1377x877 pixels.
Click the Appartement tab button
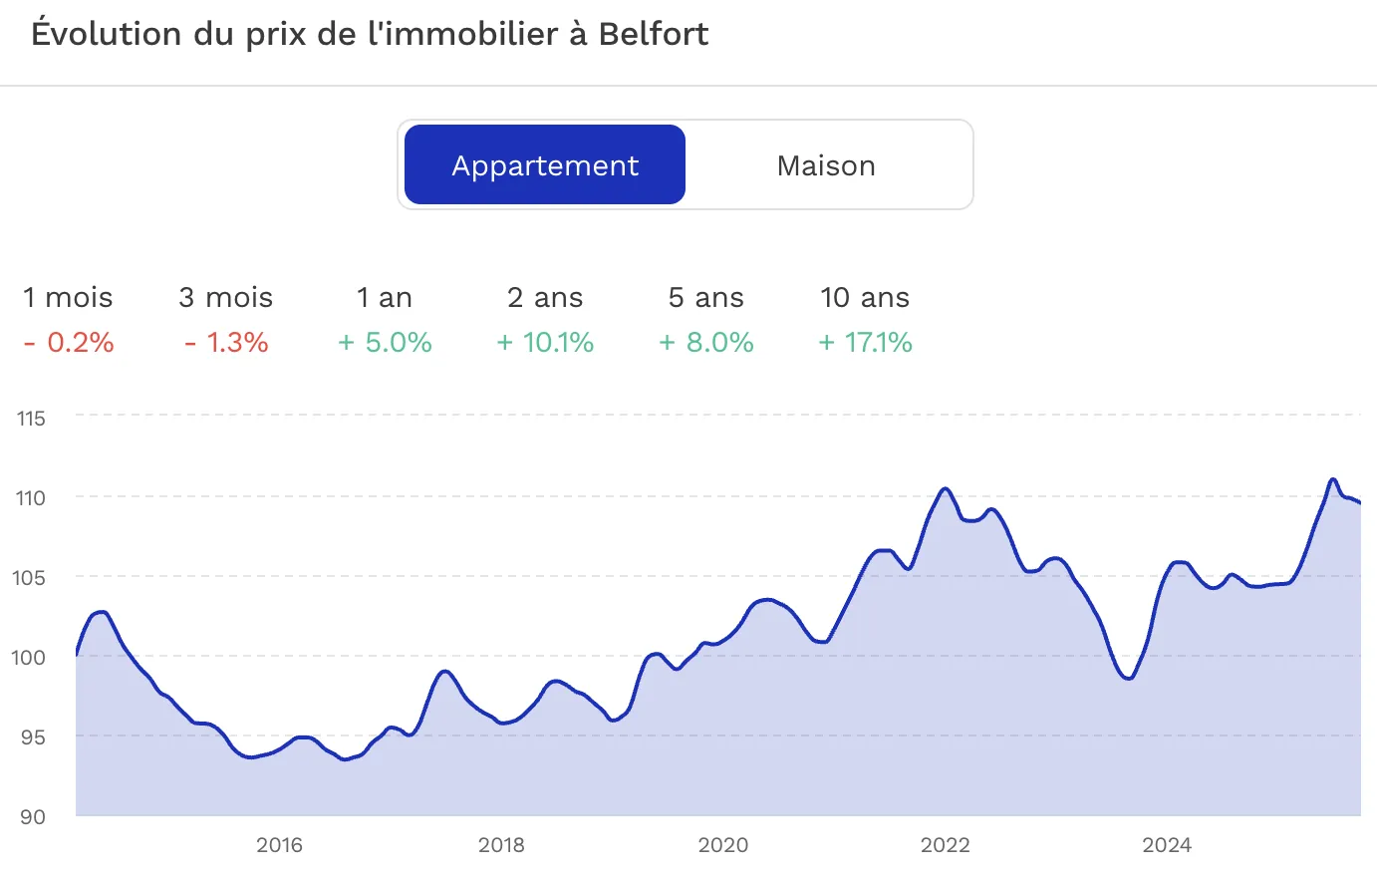545,164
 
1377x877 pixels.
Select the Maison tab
826,165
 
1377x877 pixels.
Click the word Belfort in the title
653,34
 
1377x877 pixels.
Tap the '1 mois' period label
68,297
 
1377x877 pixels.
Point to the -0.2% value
69,342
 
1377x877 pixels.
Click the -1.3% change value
226,342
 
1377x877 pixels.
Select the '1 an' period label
385,297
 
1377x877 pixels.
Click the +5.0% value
385,342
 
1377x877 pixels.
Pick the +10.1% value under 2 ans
545,342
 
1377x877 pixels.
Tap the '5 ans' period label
705,297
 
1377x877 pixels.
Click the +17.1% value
865,342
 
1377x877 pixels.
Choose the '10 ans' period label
865,297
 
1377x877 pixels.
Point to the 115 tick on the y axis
31,419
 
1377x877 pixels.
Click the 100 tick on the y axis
31,657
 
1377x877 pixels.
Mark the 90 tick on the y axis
33,816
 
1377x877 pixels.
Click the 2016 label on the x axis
279,845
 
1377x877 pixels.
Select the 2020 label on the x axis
722,845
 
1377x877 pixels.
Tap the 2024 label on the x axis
1166,845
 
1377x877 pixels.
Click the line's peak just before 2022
945,488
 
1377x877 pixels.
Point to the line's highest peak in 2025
1333,479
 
